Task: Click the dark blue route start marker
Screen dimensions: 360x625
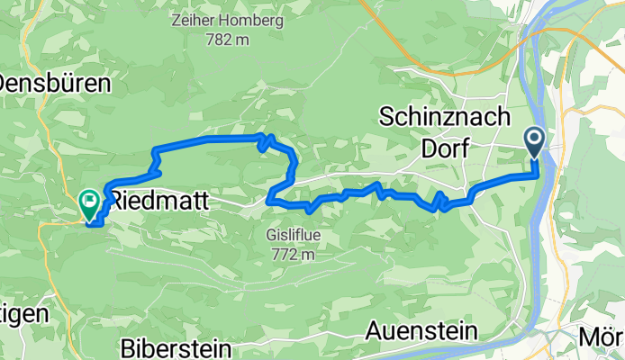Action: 534,141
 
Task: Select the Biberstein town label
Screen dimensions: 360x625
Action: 178,347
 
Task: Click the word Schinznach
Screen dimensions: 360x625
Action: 445,118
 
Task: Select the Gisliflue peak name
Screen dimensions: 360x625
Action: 294,236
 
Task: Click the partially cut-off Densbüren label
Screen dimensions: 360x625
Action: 54,85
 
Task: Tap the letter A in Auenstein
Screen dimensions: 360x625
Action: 374,330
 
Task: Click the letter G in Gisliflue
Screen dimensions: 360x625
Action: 272,236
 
